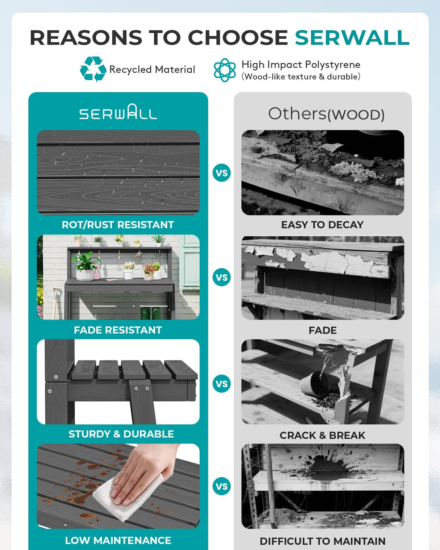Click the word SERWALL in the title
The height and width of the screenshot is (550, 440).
coord(352,38)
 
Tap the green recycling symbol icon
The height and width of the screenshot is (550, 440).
coord(93,69)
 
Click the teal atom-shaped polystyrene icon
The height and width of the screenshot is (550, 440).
coord(225,70)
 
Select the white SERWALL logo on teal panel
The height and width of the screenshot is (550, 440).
coord(118,112)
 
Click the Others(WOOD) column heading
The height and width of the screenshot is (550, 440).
coord(326,114)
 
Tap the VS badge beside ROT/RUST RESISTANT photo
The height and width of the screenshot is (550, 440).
coord(222,173)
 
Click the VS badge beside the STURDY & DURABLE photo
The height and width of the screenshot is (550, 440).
coord(222,384)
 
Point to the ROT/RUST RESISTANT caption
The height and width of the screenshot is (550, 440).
coord(118,225)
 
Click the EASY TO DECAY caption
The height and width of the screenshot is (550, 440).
coord(323,225)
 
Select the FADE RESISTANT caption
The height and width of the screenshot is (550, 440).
coord(118,330)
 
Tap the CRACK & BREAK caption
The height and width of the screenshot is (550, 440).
coord(323,435)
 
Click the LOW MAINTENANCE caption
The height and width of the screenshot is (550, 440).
coord(118,541)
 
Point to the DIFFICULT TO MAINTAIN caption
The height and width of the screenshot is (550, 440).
coord(323,541)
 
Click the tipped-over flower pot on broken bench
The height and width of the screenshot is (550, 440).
coord(315,384)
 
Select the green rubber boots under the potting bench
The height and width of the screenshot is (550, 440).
coord(151,313)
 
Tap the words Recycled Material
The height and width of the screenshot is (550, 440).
coord(152,70)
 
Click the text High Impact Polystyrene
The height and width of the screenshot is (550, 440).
coord(301,65)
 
